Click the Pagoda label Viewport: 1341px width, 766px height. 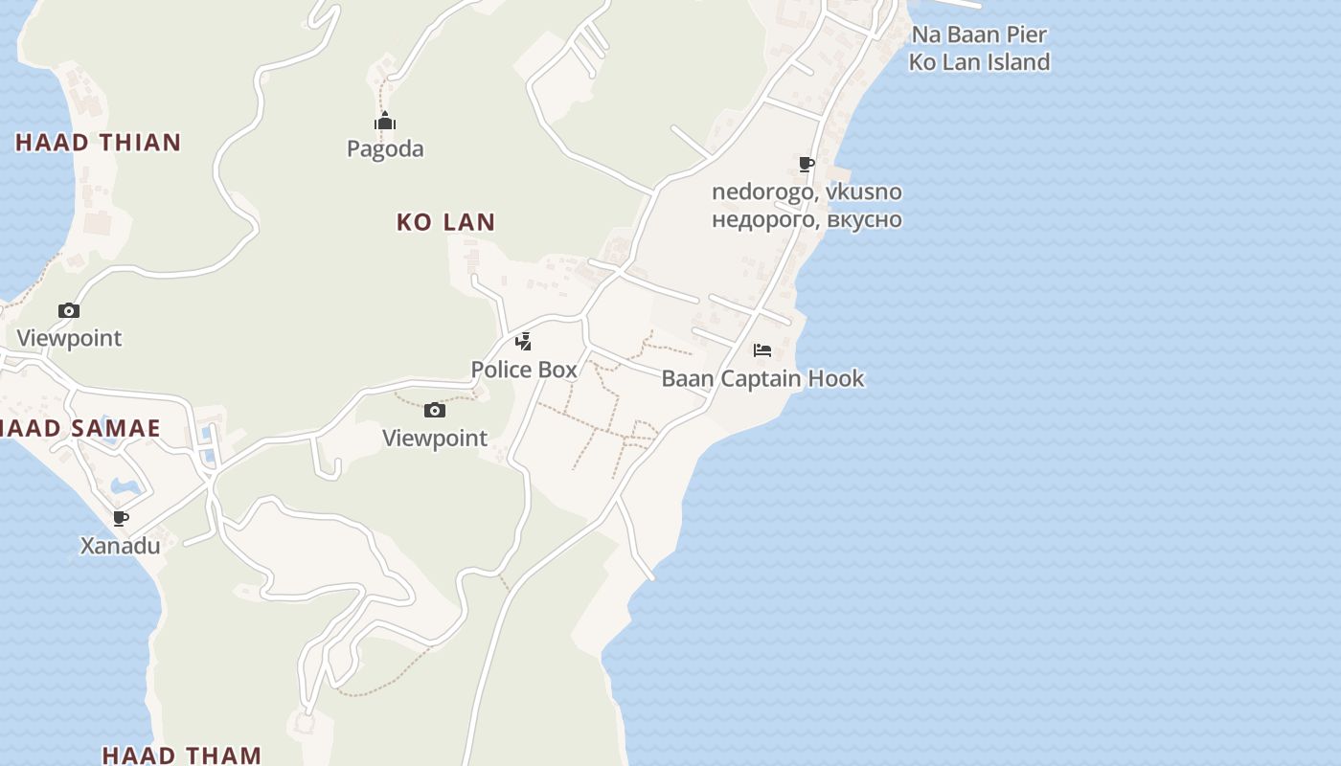[x=385, y=149]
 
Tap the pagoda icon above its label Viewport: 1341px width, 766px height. [x=385, y=122]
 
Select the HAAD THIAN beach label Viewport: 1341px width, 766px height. [x=98, y=143]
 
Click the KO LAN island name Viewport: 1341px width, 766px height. [x=445, y=222]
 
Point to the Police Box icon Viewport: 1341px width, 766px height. [x=524, y=341]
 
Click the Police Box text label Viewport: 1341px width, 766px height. [x=524, y=370]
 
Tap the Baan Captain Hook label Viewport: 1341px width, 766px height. [x=762, y=378]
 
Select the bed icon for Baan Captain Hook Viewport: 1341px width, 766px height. [x=762, y=350]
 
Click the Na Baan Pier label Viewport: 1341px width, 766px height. [x=979, y=34]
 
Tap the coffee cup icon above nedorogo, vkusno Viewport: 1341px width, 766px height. [x=807, y=164]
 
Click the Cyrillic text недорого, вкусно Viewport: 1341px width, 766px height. [x=807, y=219]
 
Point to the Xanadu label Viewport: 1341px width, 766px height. [x=120, y=546]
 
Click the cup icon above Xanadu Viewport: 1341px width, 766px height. [x=121, y=518]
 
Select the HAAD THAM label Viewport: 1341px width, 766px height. [x=181, y=755]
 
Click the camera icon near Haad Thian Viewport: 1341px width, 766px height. [x=69, y=310]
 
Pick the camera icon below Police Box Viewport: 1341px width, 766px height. [x=435, y=411]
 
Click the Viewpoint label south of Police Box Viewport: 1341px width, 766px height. [x=435, y=439]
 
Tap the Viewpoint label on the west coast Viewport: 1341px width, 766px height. [x=69, y=338]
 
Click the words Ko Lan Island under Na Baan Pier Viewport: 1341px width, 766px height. [x=979, y=62]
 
